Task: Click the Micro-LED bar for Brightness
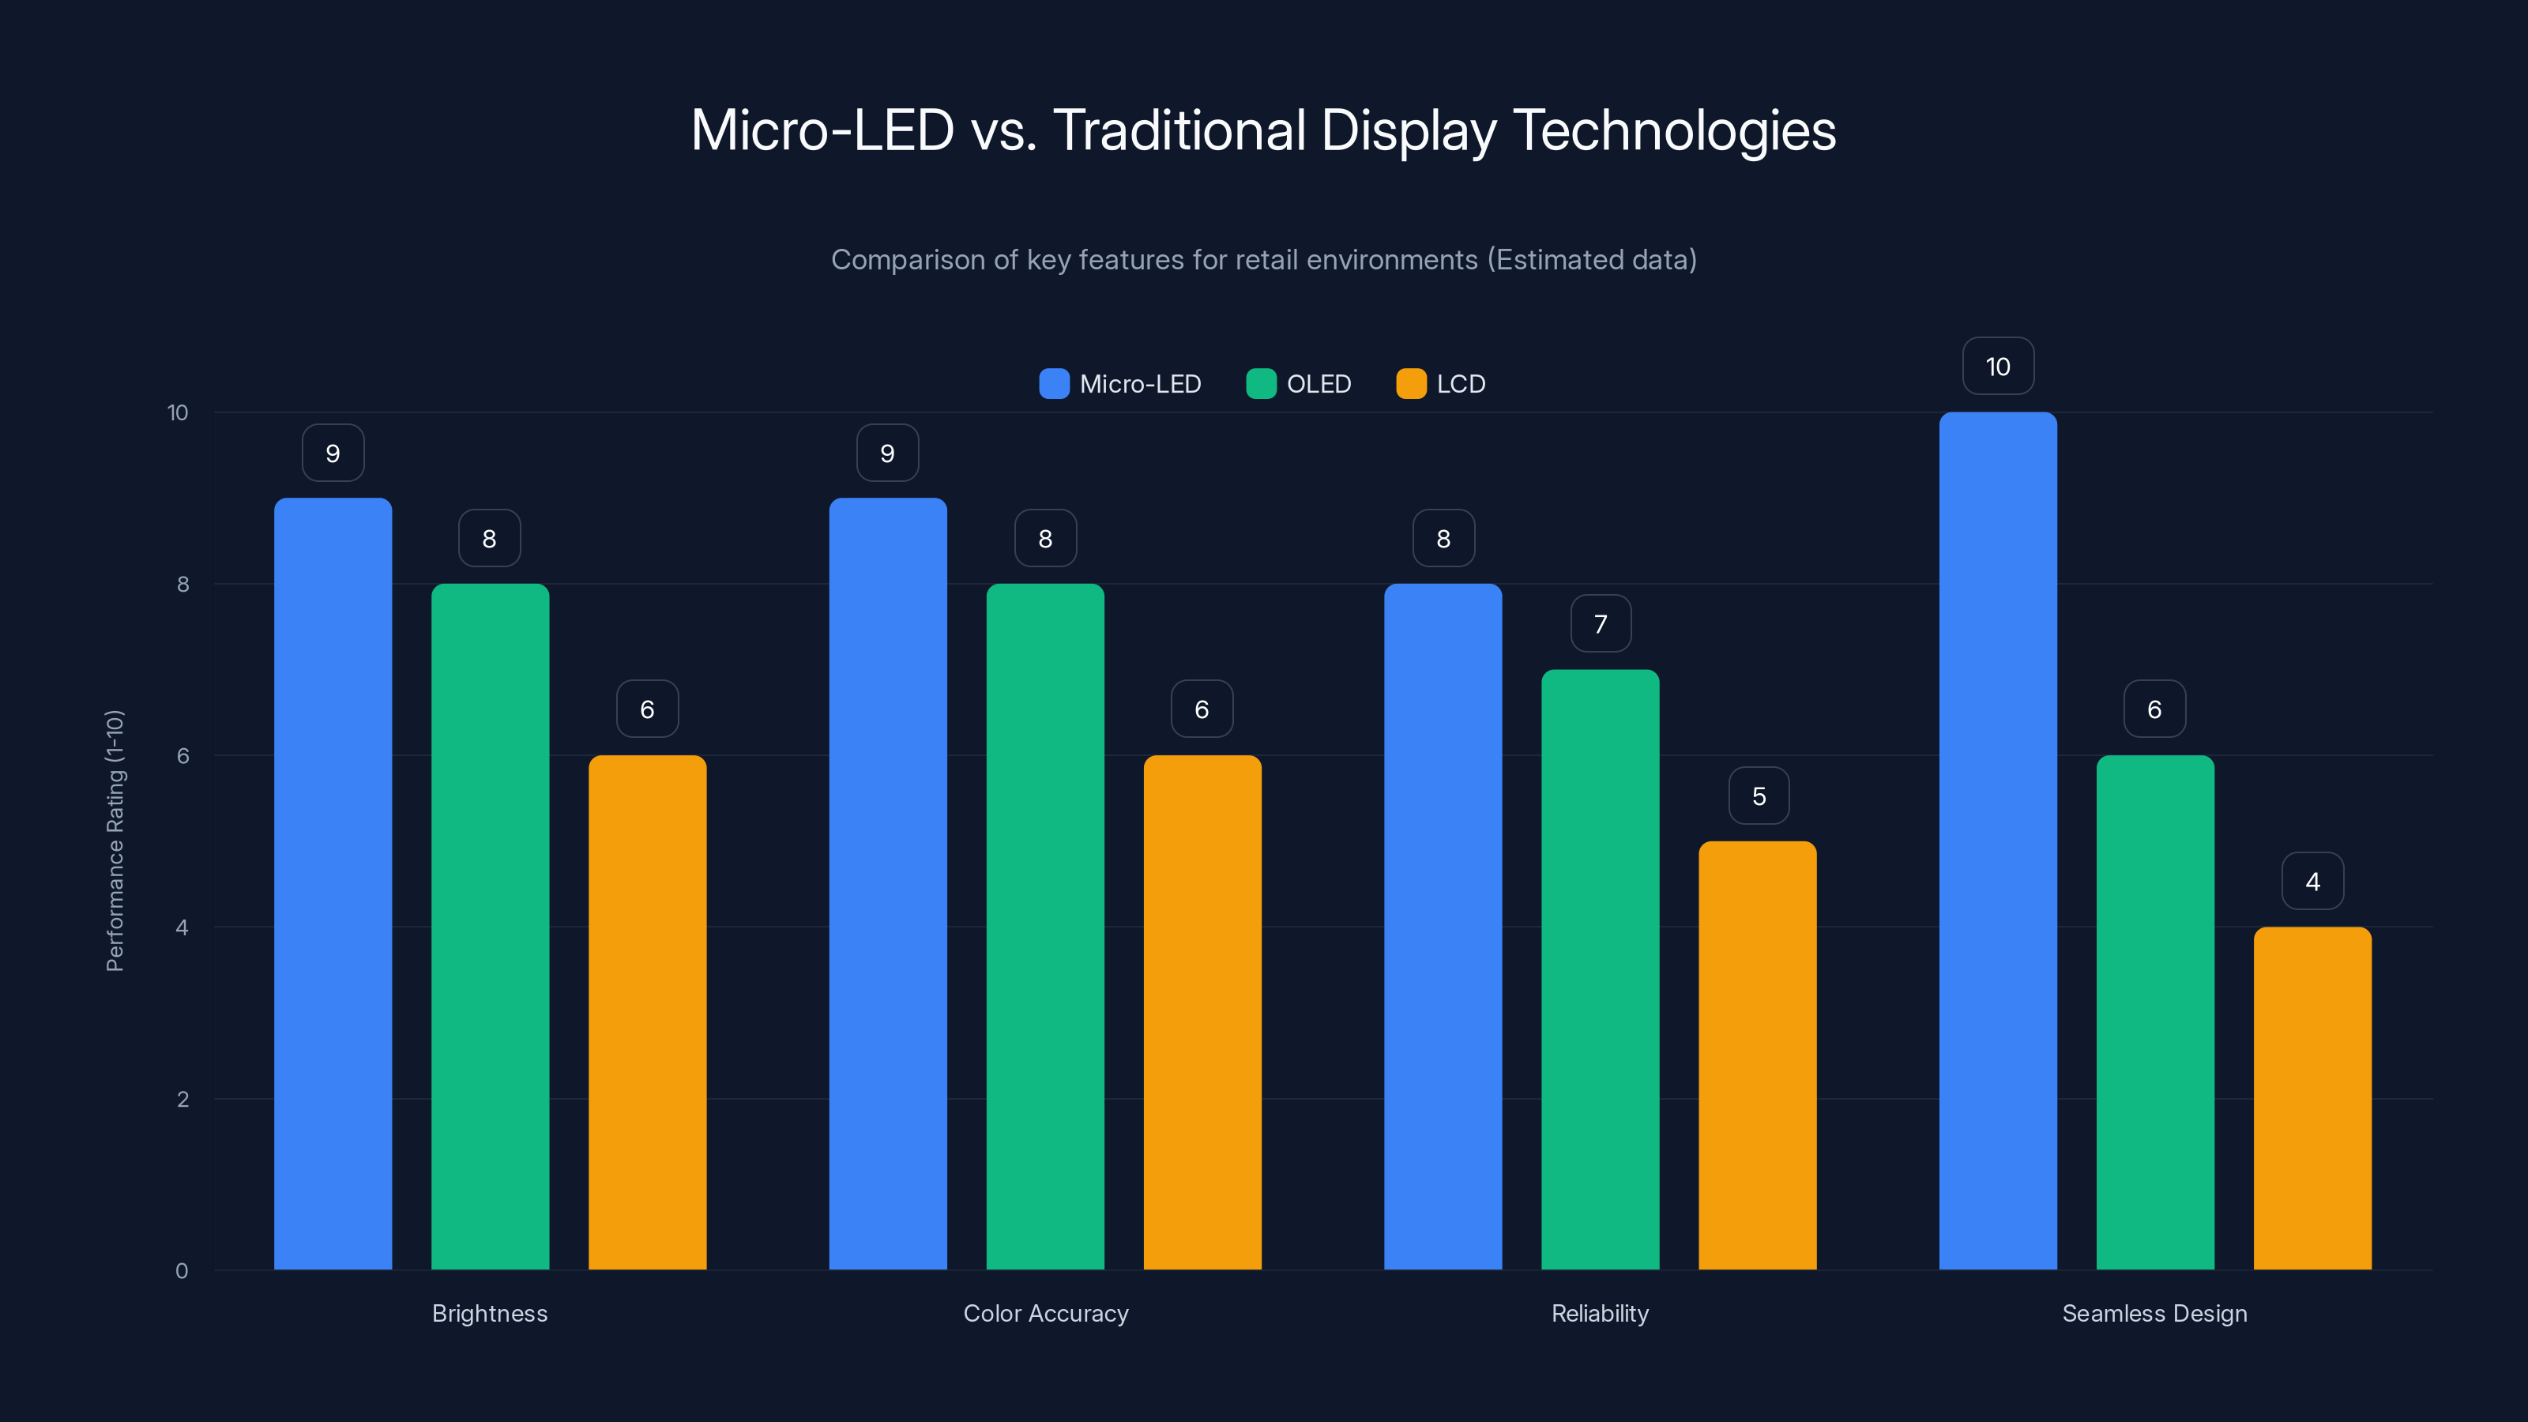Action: (333, 883)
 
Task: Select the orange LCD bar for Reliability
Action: (1758, 1055)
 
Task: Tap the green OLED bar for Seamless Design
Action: (2155, 1012)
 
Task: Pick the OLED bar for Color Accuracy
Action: (1045, 927)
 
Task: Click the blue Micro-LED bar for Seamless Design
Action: (1998, 840)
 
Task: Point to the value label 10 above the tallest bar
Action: (1998, 367)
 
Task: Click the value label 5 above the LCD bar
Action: (1759, 796)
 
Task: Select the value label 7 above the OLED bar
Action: (1601, 624)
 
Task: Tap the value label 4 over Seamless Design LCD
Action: (2312, 882)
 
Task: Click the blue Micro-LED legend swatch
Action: (1054, 384)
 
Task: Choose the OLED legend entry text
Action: (1319, 384)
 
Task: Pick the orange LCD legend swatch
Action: (1411, 384)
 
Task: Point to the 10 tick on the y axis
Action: (178, 412)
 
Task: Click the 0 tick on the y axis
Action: (182, 1271)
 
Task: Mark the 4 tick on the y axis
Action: (182, 927)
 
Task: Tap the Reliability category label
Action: (1600, 1313)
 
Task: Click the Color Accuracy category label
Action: (1046, 1313)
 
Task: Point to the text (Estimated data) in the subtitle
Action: (1592, 260)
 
